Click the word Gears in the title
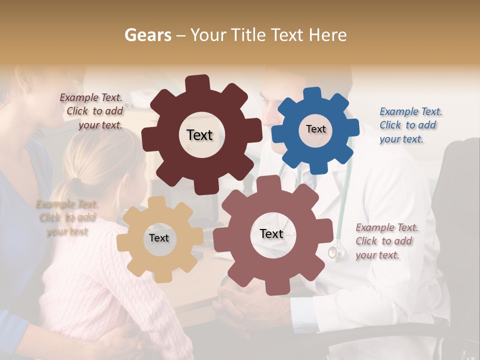[147, 35]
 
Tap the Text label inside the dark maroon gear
[199, 135]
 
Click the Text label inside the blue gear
[315, 129]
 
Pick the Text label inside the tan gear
[159, 238]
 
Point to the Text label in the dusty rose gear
[271, 233]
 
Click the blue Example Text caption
[410, 125]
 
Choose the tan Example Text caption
[67, 217]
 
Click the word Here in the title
[328, 35]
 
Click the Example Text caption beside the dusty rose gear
[386, 241]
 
